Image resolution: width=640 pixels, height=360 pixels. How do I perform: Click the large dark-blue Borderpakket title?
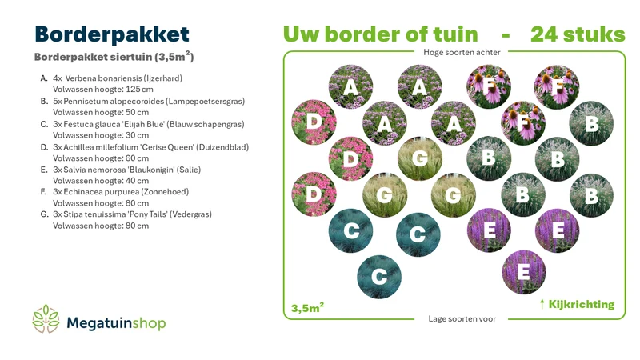point(112,35)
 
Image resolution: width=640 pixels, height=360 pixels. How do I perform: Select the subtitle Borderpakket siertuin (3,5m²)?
point(114,56)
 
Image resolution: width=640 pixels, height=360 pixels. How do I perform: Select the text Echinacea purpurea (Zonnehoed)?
point(126,191)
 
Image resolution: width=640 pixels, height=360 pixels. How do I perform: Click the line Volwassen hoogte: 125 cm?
point(103,89)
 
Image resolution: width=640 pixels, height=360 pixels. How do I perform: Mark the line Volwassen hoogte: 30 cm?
point(101,135)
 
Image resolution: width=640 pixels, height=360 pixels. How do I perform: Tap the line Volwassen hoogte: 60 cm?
point(101,158)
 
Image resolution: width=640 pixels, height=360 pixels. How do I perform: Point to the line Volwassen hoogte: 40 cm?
point(101,181)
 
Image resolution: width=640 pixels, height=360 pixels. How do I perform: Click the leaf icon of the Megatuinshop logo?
point(46,318)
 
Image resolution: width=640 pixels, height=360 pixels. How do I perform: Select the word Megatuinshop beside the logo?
point(116,323)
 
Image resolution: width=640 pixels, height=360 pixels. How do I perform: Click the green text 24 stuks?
point(578,34)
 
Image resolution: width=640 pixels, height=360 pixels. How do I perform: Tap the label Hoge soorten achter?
point(462,52)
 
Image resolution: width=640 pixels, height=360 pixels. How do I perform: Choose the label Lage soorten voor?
point(462,318)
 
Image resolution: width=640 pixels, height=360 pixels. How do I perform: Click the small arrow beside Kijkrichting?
point(542,304)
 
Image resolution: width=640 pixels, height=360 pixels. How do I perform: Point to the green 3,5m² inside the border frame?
point(307,307)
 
